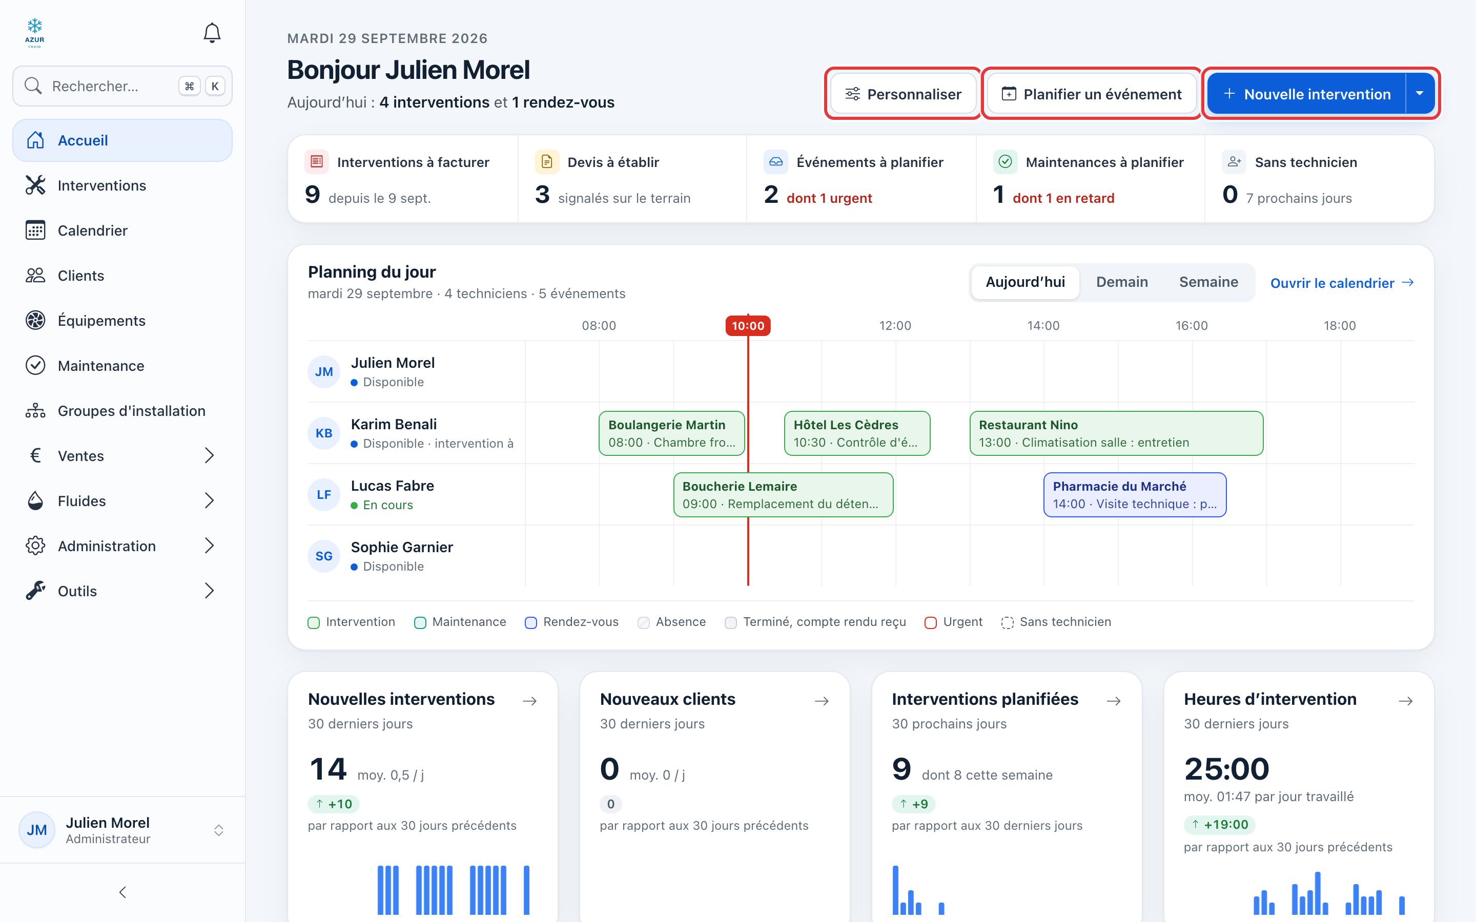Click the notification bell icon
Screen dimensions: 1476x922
click(x=212, y=33)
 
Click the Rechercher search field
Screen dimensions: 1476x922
click(x=122, y=86)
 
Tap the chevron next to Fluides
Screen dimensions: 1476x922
click(x=209, y=500)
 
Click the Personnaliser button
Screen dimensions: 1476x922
click(x=904, y=94)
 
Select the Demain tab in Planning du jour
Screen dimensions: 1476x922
click(x=1122, y=282)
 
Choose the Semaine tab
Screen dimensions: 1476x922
click(x=1208, y=282)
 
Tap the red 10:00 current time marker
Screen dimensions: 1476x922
click(x=748, y=326)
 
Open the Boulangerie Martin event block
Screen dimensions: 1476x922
click(x=671, y=433)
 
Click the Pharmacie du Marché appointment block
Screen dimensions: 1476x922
click(x=1135, y=494)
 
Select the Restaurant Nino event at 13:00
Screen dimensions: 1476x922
click(x=1116, y=433)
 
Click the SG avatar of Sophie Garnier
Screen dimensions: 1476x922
click(x=324, y=556)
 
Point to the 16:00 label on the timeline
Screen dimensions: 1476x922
click(x=1191, y=326)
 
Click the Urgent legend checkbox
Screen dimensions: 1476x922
click(x=930, y=622)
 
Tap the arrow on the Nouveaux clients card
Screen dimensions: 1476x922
click(x=822, y=701)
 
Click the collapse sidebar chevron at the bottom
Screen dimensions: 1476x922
click(x=122, y=893)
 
